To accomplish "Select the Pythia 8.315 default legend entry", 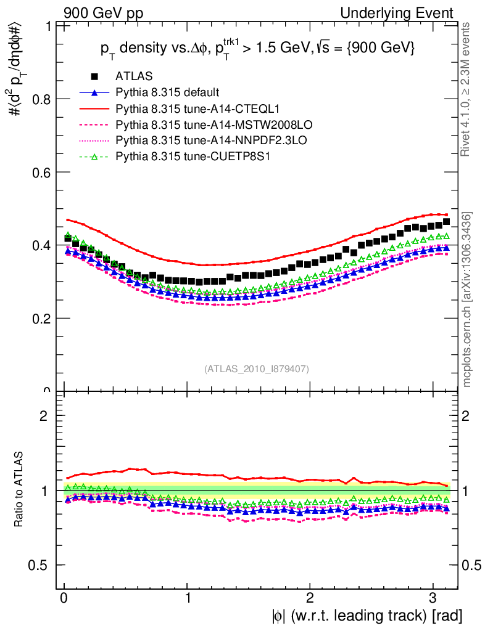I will (167, 93).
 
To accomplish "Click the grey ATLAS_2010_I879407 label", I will (257, 368).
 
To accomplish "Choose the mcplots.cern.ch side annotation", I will (467, 299).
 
